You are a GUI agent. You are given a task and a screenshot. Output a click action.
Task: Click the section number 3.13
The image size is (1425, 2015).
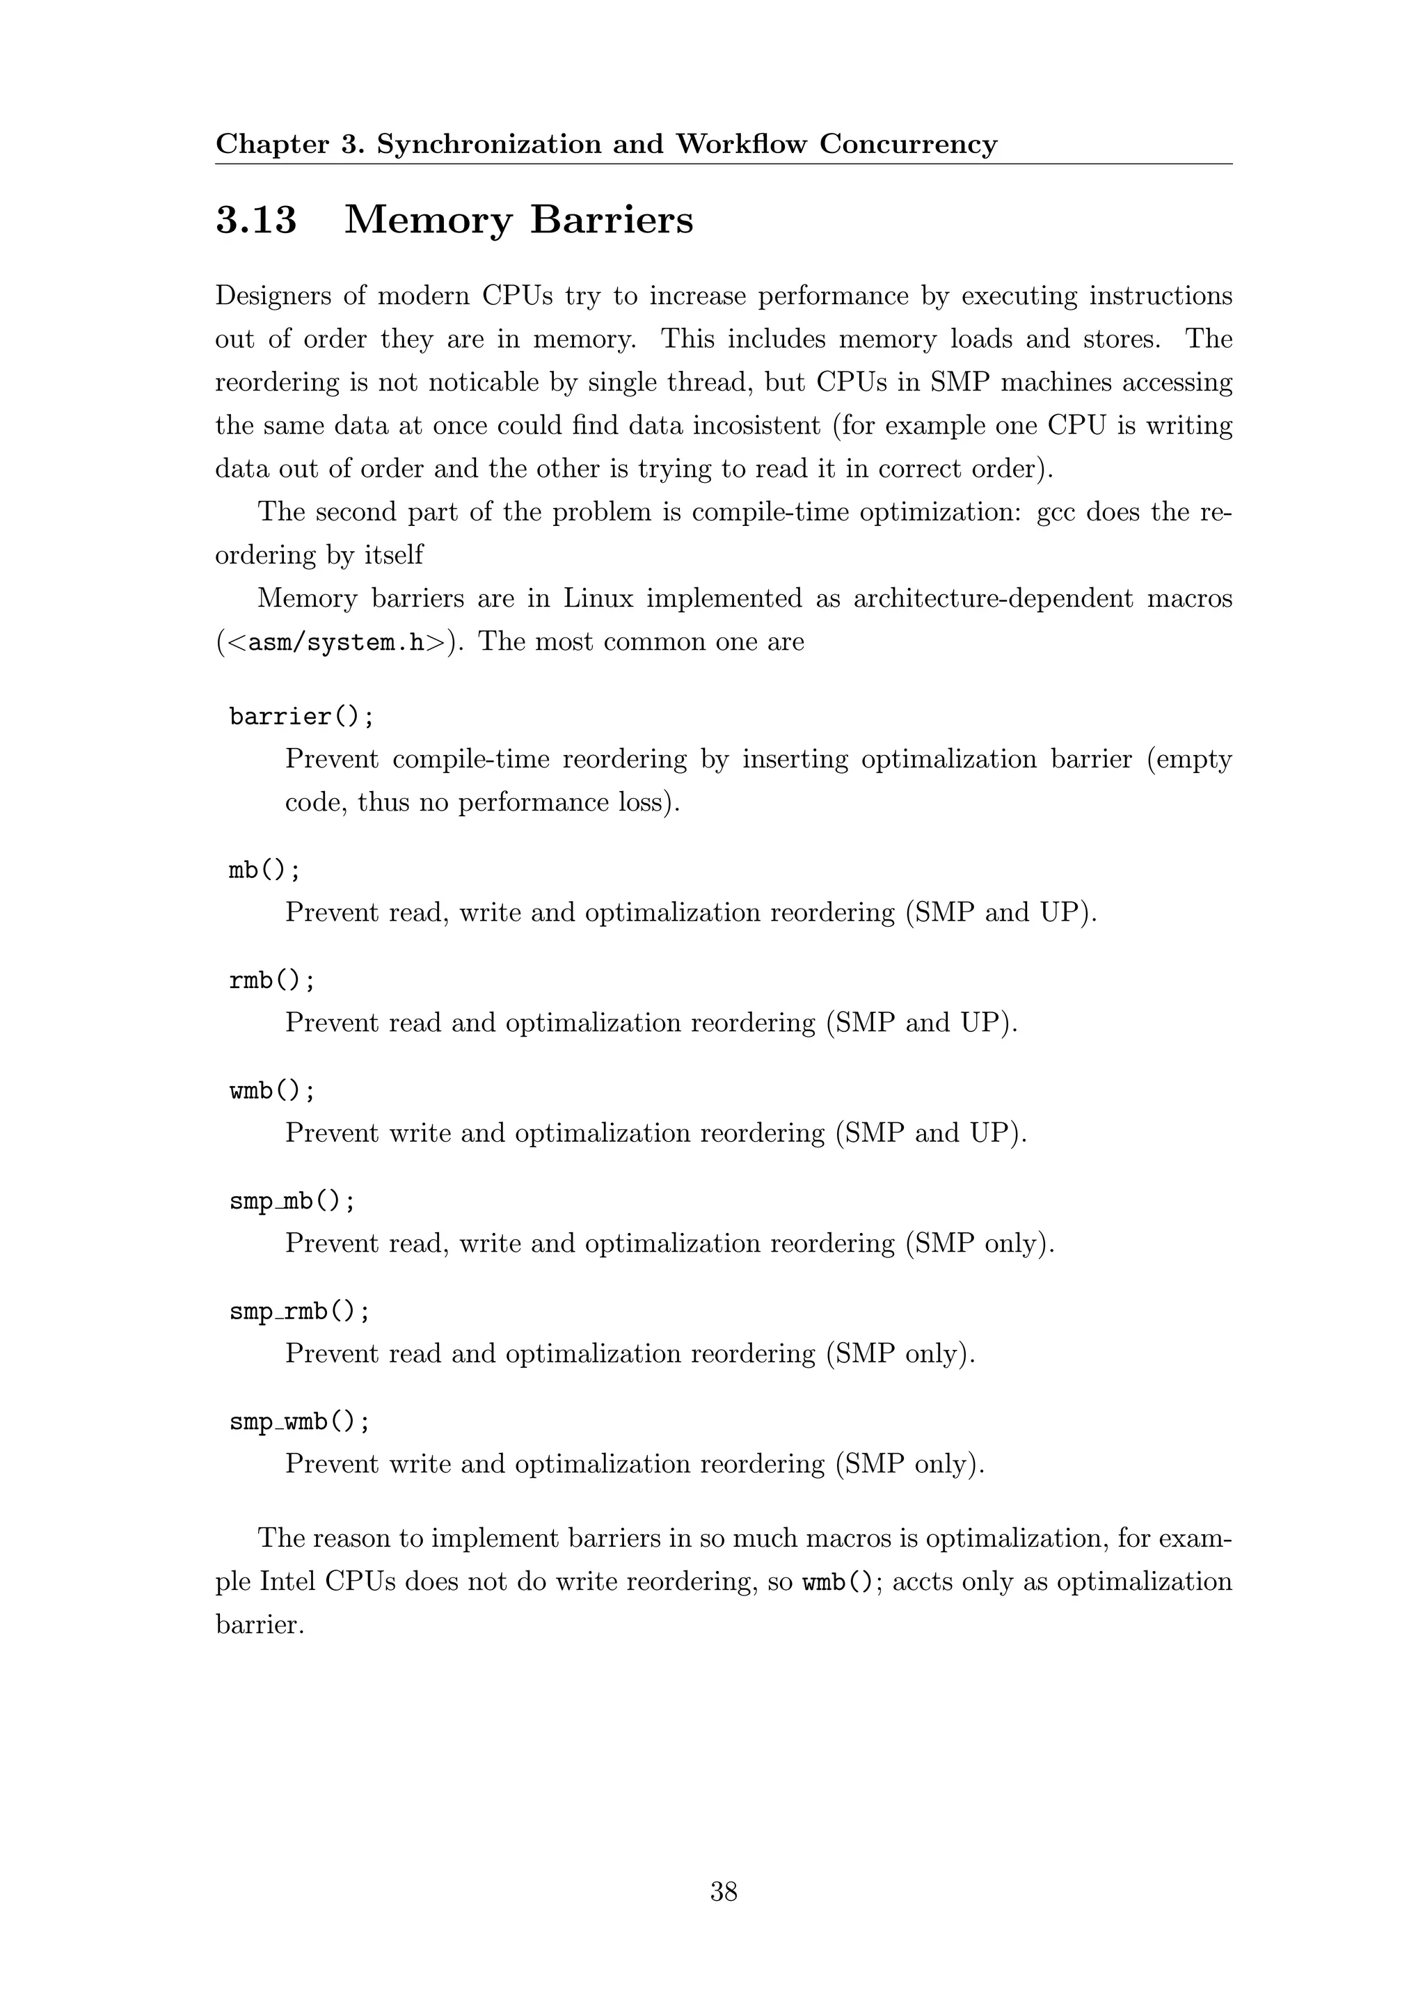click(x=256, y=219)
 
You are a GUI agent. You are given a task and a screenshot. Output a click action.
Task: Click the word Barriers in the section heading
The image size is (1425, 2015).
click(x=611, y=219)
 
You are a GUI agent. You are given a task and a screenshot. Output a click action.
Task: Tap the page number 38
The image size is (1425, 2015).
click(x=724, y=1891)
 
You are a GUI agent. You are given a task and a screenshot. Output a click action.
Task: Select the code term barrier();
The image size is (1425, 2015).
click(x=302, y=717)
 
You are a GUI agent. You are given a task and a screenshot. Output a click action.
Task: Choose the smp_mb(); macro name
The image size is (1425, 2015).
click(x=292, y=1200)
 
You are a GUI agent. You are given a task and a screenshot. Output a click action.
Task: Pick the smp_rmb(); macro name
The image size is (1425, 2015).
click(x=299, y=1311)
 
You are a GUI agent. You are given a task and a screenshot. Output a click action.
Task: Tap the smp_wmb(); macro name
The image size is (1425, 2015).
click(x=299, y=1421)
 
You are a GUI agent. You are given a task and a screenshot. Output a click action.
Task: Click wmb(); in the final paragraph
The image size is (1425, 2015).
click(x=838, y=1582)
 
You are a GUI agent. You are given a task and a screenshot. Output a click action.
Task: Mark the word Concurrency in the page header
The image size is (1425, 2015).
click(x=908, y=144)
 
